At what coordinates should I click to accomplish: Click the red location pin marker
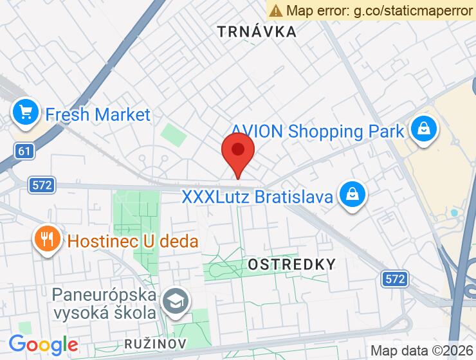click(238, 152)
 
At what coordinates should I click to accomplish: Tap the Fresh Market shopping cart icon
click(26, 113)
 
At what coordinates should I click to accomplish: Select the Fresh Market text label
click(97, 115)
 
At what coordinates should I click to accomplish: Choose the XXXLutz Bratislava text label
click(257, 195)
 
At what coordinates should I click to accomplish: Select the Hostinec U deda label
click(133, 242)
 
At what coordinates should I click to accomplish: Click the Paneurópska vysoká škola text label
click(105, 304)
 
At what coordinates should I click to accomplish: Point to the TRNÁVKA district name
click(257, 32)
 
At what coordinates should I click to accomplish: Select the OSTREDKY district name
click(292, 264)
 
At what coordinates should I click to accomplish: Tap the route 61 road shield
click(24, 151)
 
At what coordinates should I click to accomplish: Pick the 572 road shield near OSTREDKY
click(395, 279)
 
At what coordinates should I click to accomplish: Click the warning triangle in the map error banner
click(276, 10)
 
